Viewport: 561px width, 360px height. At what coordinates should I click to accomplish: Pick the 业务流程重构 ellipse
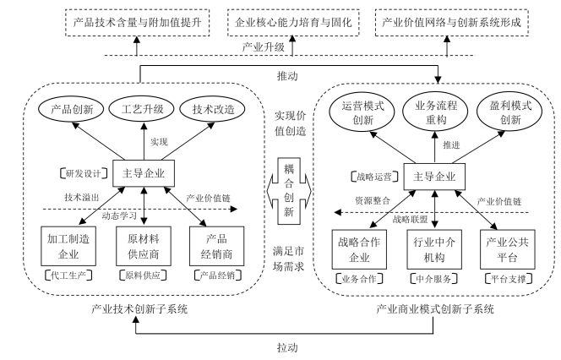(436, 113)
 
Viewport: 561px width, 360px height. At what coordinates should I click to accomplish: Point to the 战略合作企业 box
(362, 247)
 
